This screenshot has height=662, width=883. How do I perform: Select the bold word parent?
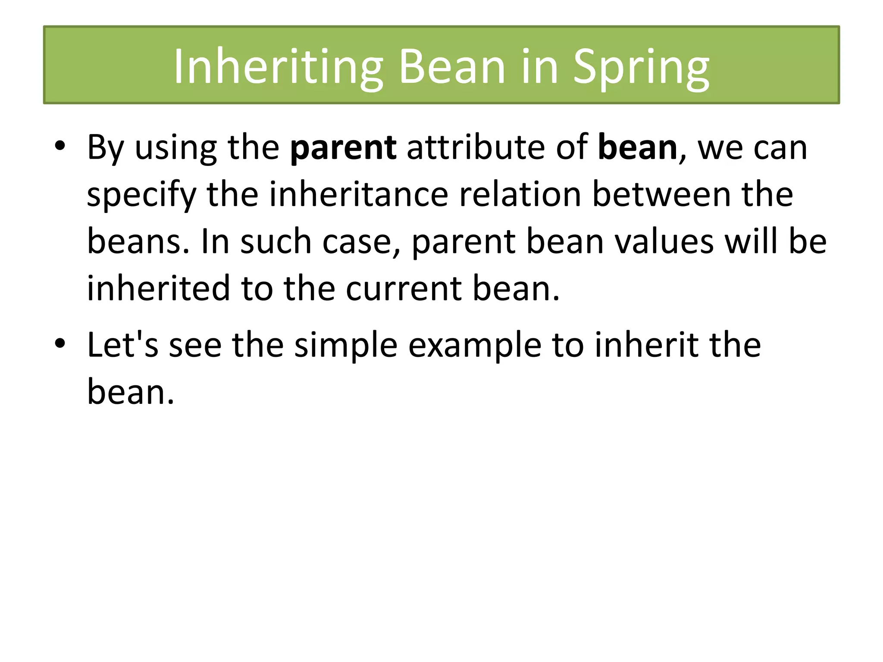click(x=343, y=148)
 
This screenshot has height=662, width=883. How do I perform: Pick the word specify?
click(x=141, y=195)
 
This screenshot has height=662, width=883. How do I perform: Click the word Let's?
click(x=122, y=345)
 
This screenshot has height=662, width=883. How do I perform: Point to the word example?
click(x=474, y=345)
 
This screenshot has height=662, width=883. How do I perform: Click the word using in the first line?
click(x=175, y=148)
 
